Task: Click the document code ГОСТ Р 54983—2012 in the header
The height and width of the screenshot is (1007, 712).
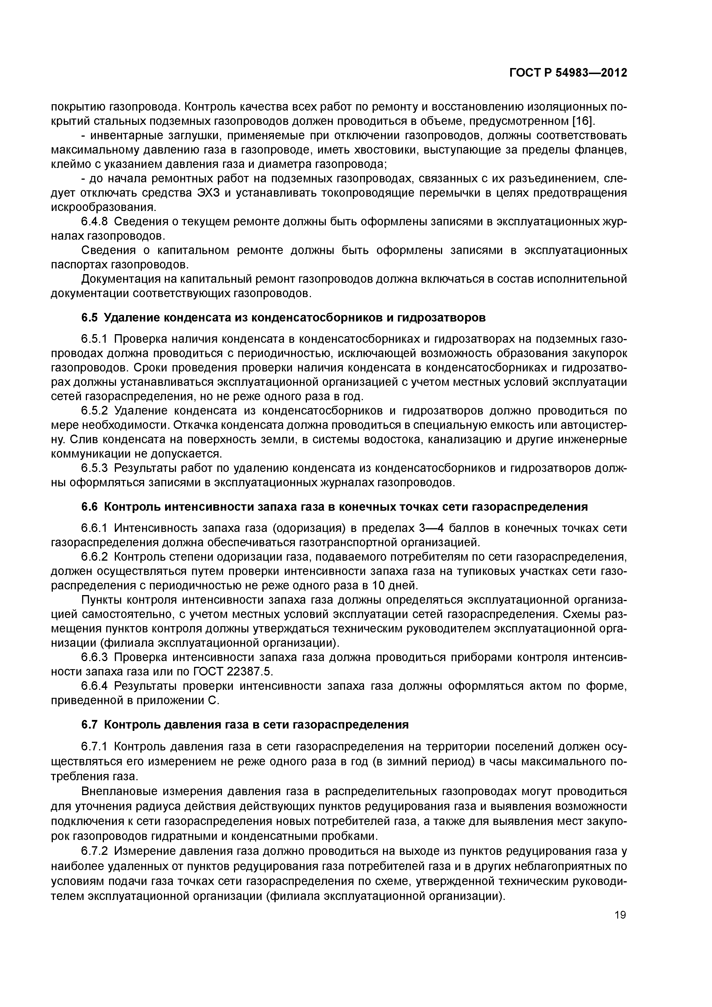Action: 568,73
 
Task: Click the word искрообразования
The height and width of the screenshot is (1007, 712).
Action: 104,208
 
